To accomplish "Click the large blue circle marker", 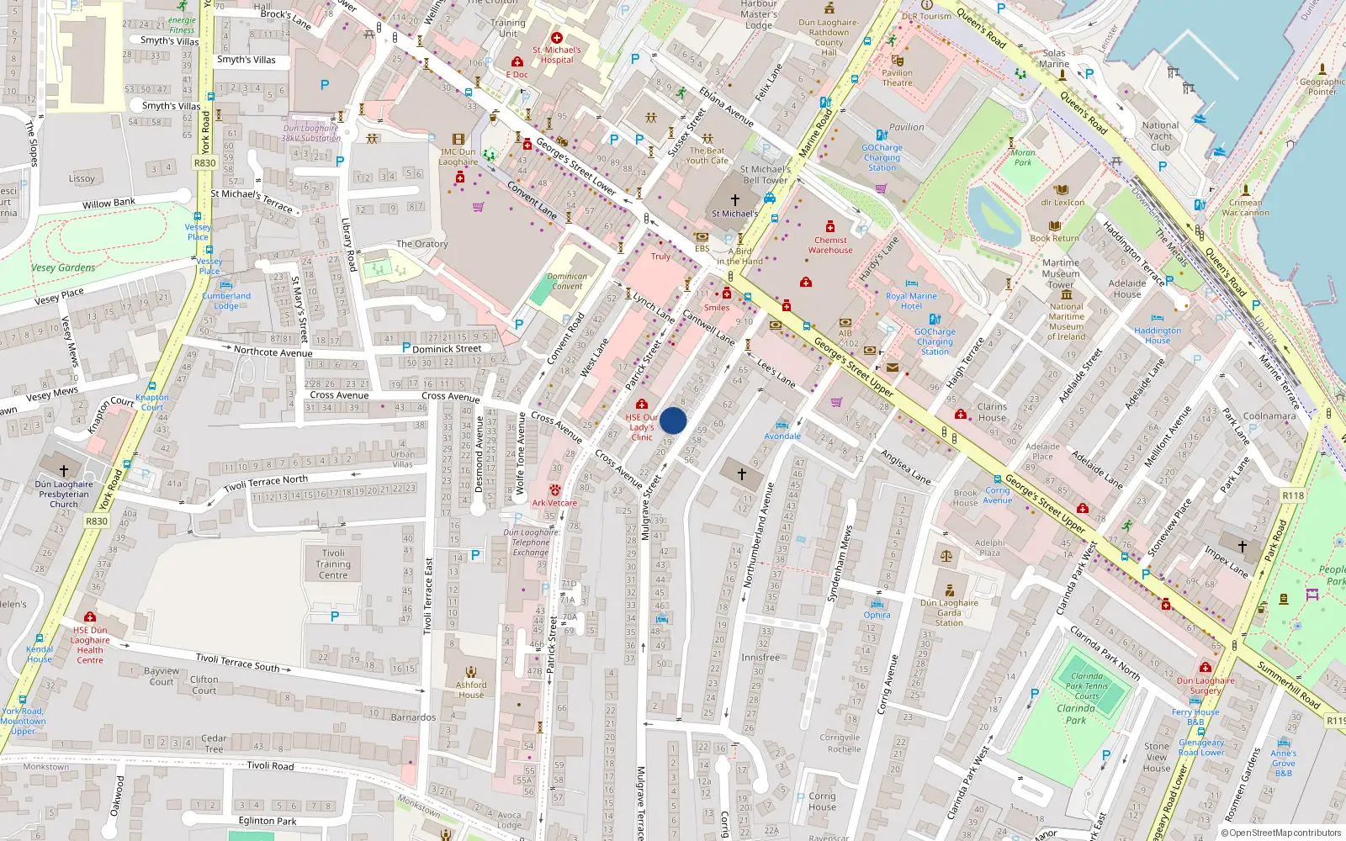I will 673,420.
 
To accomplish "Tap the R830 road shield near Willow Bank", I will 204,163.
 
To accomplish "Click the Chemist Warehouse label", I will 830,245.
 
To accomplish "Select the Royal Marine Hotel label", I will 911,301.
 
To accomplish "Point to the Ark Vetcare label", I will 554,503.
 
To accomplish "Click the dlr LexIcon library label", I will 1062,202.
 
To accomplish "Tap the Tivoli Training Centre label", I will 333,564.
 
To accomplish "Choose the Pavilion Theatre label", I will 897,77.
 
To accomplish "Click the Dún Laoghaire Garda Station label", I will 949,612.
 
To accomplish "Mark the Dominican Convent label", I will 567,281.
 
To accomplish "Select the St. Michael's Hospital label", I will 557,55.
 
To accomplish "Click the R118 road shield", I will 1293,495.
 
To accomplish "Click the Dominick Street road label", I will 447,348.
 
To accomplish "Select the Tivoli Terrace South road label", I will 237,662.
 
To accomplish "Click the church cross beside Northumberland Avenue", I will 741,474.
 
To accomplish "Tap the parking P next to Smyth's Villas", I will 325,85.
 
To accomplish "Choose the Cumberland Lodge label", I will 226,300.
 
